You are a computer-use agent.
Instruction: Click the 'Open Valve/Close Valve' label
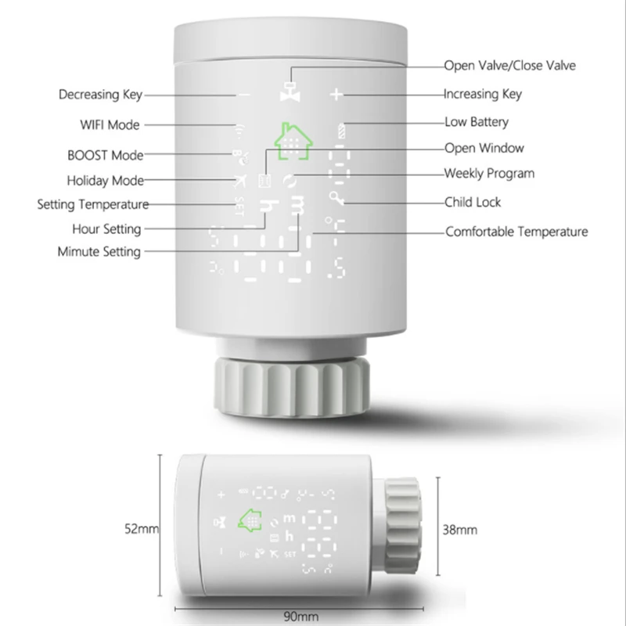click(x=509, y=66)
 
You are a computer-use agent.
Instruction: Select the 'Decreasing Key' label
click(x=101, y=95)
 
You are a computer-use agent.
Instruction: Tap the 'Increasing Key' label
click(x=482, y=94)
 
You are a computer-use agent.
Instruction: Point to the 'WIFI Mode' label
click(x=110, y=124)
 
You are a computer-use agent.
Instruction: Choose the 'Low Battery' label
click(x=477, y=121)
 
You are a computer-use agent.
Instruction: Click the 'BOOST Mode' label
click(x=106, y=155)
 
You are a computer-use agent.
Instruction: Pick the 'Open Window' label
click(x=484, y=148)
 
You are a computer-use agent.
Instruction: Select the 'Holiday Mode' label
click(x=106, y=181)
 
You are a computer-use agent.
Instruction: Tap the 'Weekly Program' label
click(x=489, y=173)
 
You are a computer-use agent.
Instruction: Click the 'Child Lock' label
click(x=473, y=202)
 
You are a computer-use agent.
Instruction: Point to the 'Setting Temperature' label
click(x=93, y=205)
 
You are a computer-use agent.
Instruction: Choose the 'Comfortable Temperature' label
click(x=516, y=232)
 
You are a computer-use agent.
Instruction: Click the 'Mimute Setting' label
click(x=99, y=252)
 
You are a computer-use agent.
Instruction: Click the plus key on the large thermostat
click(x=336, y=95)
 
